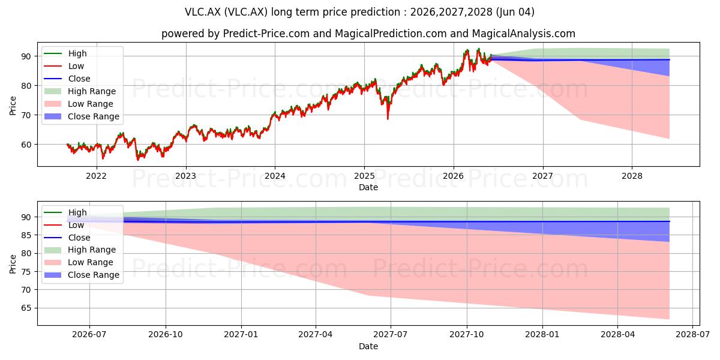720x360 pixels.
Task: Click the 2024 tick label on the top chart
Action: point(275,176)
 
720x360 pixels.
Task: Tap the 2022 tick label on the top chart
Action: point(96,176)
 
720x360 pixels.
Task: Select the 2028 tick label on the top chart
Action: point(632,176)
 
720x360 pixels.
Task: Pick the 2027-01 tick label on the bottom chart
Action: point(241,334)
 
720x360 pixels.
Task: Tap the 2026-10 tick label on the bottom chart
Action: point(166,334)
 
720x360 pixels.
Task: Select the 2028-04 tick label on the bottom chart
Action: point(618,334)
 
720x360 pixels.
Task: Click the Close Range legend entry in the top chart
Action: point(82,116)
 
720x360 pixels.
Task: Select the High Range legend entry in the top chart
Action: point(80,91)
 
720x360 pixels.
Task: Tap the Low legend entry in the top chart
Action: point(64,66)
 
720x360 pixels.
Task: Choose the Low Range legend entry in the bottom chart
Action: point(79,262)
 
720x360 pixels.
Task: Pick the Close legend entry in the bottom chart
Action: point(67,238)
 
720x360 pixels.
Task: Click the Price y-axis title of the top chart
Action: point(13,106)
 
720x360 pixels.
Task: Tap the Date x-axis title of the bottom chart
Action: point(368,346)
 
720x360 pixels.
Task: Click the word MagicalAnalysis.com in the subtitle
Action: point(524,34)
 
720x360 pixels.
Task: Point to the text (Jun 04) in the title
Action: point(515,12)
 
